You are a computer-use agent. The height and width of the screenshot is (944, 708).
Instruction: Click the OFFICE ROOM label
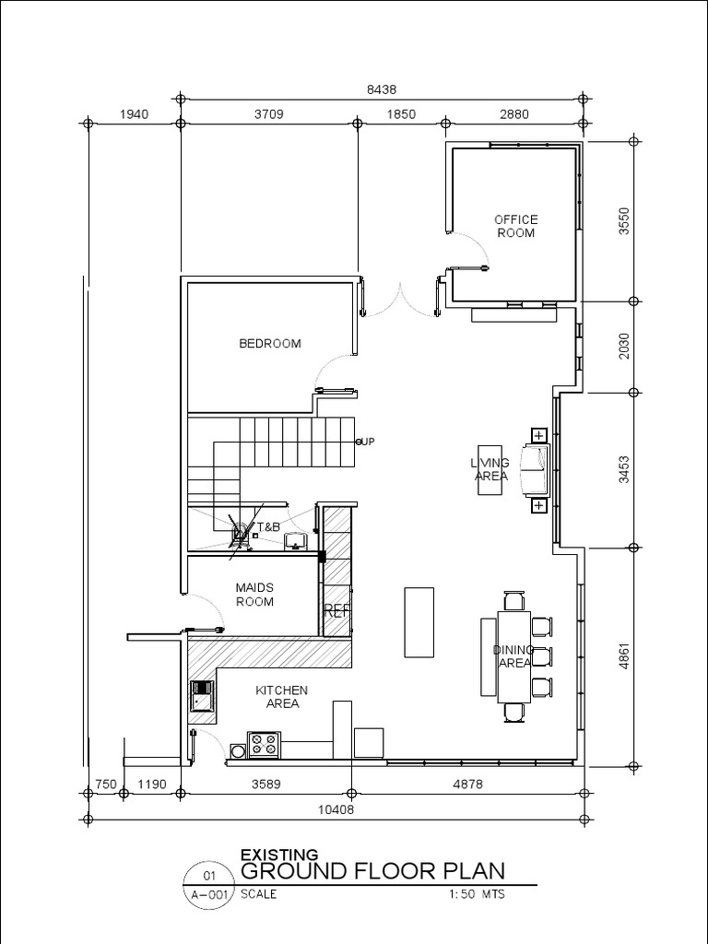tap(515, 226)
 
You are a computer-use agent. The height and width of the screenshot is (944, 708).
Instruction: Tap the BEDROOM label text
tap(270, 344)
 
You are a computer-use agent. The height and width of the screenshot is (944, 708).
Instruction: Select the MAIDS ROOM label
tap(254, 595)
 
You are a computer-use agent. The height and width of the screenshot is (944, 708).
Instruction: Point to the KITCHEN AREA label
tap(281, 697)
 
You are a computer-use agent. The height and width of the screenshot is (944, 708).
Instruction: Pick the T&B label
tap(267, 526)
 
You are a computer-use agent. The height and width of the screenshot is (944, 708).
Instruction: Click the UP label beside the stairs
tap(367, 442)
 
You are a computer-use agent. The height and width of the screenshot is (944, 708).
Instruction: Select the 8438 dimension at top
tap(381, 90)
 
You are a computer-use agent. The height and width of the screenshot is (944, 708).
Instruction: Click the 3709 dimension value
tap(268, 115)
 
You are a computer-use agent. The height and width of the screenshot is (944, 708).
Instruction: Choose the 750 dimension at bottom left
tap(106, 785)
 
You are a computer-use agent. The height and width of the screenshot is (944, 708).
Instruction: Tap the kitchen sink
tap(201, 697)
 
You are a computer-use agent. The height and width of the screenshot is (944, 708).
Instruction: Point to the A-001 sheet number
tap(206, 893)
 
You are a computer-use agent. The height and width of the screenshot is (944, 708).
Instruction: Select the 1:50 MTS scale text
tap(477, 893)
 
